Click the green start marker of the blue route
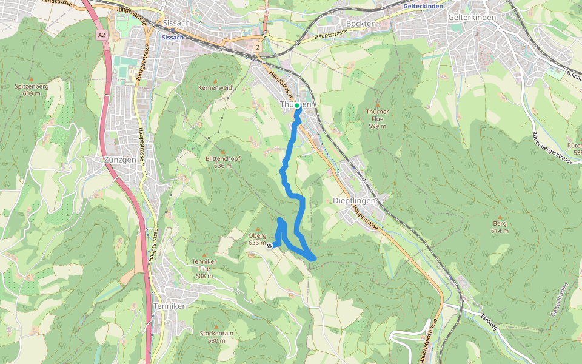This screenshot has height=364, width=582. click(x=298, y=106)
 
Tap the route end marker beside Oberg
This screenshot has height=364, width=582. click(x=269, y=246)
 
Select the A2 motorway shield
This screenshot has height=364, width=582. click(x=101, y=35)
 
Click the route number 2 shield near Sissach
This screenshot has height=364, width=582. click(x=258, y=47)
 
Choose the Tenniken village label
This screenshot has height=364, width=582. click(x=170, y=306)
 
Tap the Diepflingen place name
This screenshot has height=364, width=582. click(x=355, y=201)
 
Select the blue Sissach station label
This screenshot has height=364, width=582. click(x=173, y=37)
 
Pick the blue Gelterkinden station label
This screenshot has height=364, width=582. click(x=423, y=6)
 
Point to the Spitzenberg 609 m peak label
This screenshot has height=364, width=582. click(x=32, y=90)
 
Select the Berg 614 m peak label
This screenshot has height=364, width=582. click(x=500, y=227)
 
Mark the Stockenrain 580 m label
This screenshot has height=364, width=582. click(x=216, y=337)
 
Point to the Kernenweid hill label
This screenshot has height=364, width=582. click(x=215, y=88)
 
